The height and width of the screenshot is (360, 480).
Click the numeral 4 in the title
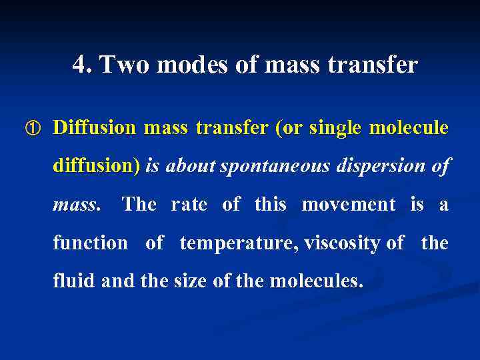[x=80, y=65]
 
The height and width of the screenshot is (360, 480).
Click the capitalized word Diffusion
[x=94, y=127]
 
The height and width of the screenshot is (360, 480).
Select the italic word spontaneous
[x=275, y=166]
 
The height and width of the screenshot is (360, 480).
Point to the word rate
[x=189, y=204]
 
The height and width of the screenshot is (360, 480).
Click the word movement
[x=349, y=204]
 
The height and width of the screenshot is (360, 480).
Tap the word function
[x=90, y=243]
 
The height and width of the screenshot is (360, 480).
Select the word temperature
[x=239, y=243]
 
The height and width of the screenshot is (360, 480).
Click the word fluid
[x=75, y=281]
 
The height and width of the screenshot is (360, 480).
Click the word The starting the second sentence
[x=139, y=204]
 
